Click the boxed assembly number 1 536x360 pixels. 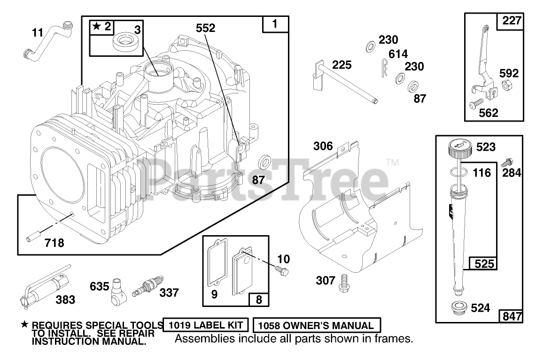(275, 24)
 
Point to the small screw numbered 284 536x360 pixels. (506, 163)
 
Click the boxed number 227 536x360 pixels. (511, 21)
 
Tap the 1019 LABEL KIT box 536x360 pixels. (206, 325)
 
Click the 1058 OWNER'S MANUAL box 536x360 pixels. (317, 325)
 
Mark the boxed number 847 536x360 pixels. (511, 316)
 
